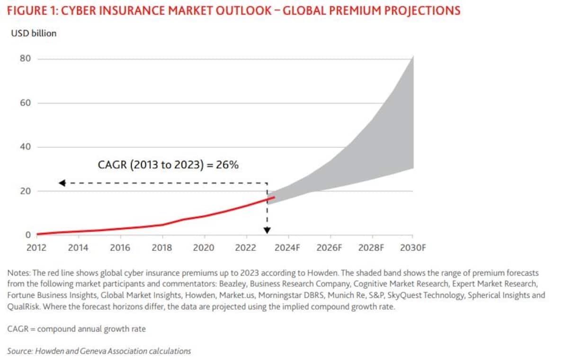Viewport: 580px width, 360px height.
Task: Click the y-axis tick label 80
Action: click(x=25, y=59)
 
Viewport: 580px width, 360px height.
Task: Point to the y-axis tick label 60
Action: click(x=25, y=103)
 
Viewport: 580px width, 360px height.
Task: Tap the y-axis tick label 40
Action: click(x=25, y=147)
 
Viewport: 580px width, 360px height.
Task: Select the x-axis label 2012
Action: click(x=36, y=248)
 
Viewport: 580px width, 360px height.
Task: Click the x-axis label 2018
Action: click(x=162, y=248)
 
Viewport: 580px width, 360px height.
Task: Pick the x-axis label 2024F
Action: click(x=287, y=248)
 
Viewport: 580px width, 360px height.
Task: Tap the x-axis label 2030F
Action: click(x=413, y=248)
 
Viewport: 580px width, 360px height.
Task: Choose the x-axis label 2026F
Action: click(x=329, y=248)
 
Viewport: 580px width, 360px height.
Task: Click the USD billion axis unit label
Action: click(x=33, y=33)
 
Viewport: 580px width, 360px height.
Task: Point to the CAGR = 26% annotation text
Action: click(x=168, y=165)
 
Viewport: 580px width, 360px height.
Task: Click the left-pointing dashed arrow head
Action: click(x=62, y=183)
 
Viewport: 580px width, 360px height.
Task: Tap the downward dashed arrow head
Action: click(x=267, y=230)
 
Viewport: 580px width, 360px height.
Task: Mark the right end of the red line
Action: click(x=274, y=197)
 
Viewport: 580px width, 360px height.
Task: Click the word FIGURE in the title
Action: click(x=27, y=11)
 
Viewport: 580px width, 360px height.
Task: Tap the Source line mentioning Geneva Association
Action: click(x=99, y=351)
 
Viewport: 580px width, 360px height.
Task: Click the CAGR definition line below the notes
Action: click(x=76, y=329)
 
